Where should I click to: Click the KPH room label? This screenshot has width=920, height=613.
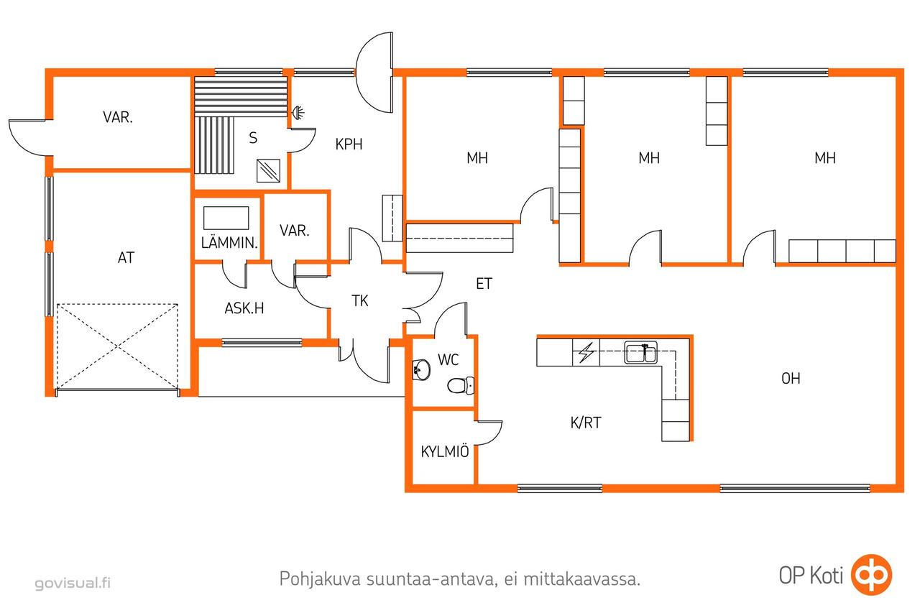(349, 144)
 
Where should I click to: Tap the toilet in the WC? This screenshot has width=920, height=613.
(461, 385)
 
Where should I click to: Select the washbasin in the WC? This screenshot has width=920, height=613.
(421, 369)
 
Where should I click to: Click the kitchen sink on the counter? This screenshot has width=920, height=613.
(640, 352)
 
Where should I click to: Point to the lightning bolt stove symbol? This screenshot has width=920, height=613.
(586, 352)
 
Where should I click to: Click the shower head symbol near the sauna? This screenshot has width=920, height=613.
(298, 111)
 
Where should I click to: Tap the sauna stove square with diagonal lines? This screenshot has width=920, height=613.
(268, 171)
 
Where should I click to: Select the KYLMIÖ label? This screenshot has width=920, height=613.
(445, 451)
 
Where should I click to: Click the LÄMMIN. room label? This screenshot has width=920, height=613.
(229, 243)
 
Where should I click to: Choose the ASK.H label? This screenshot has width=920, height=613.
(244, 308)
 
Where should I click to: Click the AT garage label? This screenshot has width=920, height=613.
(126, 258)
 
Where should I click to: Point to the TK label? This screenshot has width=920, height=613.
(360, 301)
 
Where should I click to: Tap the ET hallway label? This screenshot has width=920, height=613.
(484, 284)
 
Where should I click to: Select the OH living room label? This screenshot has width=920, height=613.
(791, 379)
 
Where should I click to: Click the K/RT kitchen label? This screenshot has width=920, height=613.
(586, 423)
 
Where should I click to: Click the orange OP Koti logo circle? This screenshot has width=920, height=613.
(871, 575)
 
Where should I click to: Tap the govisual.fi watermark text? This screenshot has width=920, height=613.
(73, 583)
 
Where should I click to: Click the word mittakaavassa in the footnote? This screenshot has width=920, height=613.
(582, 579)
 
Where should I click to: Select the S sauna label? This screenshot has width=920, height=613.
(253, 137)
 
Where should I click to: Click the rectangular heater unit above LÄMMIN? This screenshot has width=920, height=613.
(226, 218)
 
